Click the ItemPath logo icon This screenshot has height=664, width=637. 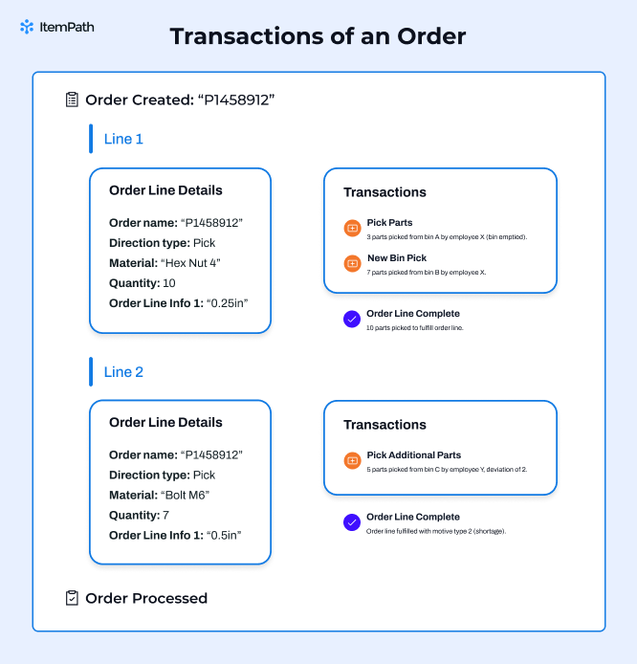27,27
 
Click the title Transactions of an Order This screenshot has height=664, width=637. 318,37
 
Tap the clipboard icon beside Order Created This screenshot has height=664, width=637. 72,100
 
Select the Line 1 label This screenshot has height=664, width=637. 123,139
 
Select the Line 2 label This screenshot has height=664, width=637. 123,372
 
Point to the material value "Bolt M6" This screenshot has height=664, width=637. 187,495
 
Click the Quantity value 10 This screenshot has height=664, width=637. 170,283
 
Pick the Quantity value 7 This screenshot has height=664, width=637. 165,515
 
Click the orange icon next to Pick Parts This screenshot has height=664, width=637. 352,229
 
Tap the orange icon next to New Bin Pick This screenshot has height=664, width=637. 352,264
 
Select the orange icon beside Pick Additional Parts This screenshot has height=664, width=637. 352,461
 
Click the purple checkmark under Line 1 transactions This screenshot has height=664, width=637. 352,320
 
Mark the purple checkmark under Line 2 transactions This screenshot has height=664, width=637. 352,522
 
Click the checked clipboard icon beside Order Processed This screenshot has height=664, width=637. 72,598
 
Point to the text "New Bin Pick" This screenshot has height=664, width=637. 397,258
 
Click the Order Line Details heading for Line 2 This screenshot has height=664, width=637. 165,422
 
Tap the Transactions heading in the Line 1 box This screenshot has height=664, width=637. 384,192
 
